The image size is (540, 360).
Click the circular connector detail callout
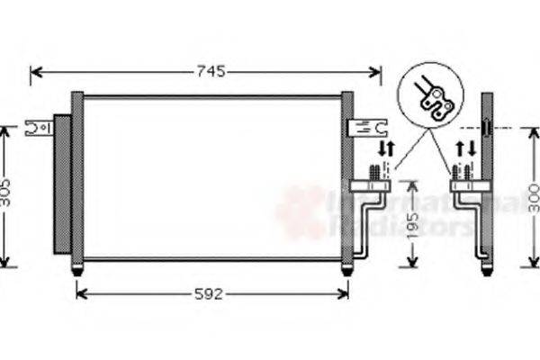tap(431, 95)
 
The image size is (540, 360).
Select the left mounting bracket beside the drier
tap(40, 128)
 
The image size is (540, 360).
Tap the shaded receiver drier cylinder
tap(62, 184)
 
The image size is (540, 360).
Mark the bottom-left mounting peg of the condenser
tap(77, 268)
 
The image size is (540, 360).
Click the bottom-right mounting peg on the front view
tap(346, 268)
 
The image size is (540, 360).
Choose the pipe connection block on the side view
tap(469, 185)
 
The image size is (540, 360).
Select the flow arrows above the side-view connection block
tap(466, 148)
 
